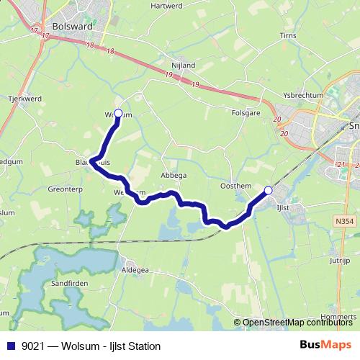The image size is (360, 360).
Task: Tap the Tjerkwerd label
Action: coord(23,98)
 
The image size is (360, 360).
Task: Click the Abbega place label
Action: coord(174,175)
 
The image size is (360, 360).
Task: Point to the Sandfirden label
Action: coord(69,284)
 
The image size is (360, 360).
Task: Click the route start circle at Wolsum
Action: coord(118,112)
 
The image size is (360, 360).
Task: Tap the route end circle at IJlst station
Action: coord(269,190)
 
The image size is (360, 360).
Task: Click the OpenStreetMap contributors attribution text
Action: coord(299,323)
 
